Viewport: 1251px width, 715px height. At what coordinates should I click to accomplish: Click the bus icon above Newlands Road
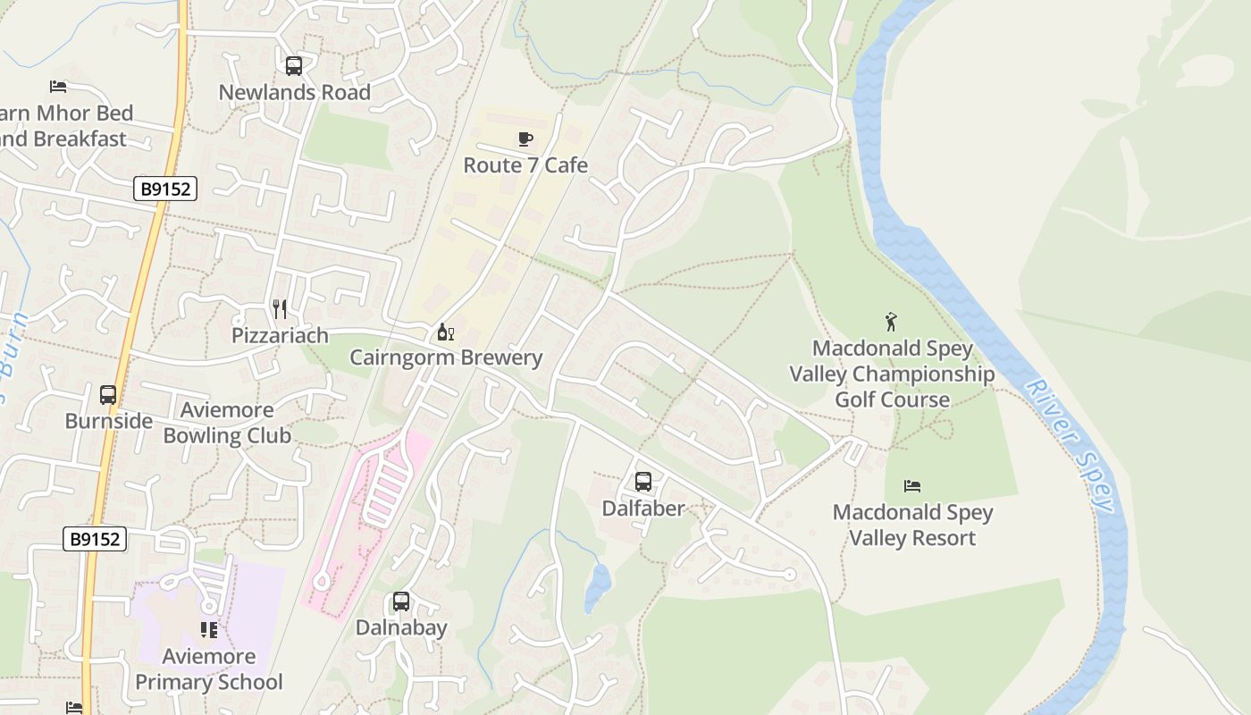point(293,65)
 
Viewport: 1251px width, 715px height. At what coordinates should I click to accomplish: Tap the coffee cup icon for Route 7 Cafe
point(525,139)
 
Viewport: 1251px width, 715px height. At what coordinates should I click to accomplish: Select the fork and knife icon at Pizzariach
point(280,309)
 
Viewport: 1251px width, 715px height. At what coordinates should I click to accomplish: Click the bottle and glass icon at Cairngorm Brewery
point(445,332)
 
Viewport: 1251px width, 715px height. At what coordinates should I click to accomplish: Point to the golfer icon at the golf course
point(891,322)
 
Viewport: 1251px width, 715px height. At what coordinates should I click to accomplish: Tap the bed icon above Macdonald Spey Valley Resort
point(912,486)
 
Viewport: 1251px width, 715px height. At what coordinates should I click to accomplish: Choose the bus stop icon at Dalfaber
point(642,482)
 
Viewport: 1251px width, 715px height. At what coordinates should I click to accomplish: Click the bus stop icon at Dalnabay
point(401,601)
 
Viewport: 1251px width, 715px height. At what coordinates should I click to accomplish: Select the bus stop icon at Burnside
point(108,394)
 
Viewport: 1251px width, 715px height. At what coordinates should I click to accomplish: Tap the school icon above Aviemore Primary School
point(209,630)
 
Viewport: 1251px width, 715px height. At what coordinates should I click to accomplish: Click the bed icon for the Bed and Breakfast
point(58,87)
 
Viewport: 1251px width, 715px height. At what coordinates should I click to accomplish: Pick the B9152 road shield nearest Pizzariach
point(165,189)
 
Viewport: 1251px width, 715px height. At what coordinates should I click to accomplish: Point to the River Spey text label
point(1071,445)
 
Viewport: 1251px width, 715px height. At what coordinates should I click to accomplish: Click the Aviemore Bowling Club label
point(227,423)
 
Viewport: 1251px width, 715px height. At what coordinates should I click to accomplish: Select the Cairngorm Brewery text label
point(446,357)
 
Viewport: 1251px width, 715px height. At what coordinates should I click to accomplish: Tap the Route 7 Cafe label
point(525,165)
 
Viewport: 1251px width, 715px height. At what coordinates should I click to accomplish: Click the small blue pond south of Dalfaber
point(597,587)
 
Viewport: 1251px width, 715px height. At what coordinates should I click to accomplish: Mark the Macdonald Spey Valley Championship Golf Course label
point(892,374)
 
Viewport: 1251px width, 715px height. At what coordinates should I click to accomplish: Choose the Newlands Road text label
point(294,92)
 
